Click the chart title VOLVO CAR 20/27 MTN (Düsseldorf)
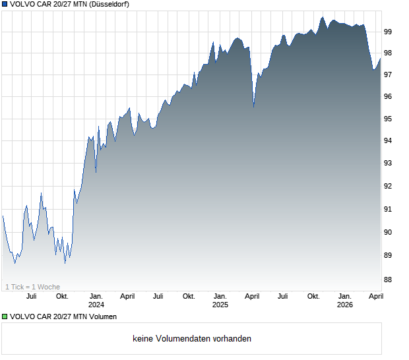pyautogui.click(x=69, y=5)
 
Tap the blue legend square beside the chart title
pyautogui.click(x=5, y=5)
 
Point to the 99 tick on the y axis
pyautogui.click(x=389, y=31)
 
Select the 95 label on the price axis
pyautogui.click(x=389, y=119)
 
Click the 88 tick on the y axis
pyautogui.click(x=389, y=280)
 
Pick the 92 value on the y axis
pyautogui.click(x=389, y=186)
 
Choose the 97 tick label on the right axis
pyautogui.click(x=389, y=75)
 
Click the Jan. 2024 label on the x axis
pyautogui.click(x=96, y=301)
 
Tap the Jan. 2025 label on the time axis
pyautogui.click(x=220, y=301)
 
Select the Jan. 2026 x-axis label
pyautogui.click(x=344, y=301)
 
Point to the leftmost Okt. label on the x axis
pyautogui.click(x=62, y=296)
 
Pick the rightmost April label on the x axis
pyautogui.click(x=375, y=296)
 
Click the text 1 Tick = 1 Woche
pyautogui.click(x=32, y=287)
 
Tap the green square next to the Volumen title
pyautogui.click(x=5, y=317)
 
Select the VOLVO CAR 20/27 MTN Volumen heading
pyautogui.click(x=63, y=317)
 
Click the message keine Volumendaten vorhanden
pyautogui.click(x=192, y=339)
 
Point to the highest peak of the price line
pyautogui.click(x=323, y=18)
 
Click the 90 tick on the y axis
pyautogui.click(x=389, y=232)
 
